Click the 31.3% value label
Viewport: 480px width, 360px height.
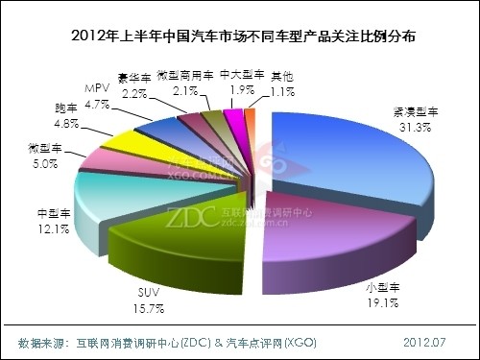[393, 140]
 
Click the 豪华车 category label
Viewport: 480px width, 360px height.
[134, 78]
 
